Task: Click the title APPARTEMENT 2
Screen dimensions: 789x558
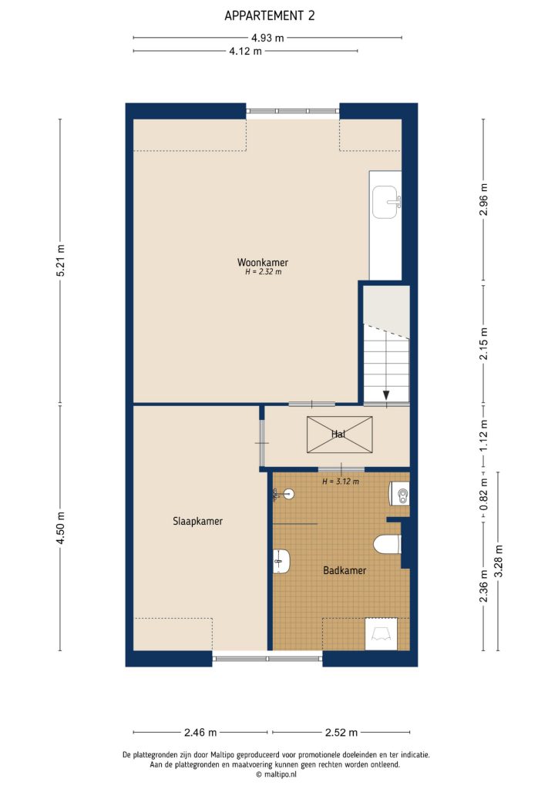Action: coord(269,15)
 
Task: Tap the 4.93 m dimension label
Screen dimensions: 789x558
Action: coord(267,37)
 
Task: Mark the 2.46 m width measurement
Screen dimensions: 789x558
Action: coord(200,732)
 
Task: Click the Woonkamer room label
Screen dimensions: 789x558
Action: coord(263,262)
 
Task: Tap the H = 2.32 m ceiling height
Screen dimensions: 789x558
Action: coord(263,272)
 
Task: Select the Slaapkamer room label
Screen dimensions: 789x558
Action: coord(198,521)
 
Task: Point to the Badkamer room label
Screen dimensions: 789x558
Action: coord(344,571)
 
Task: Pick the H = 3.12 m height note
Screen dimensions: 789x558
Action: coord(341,482)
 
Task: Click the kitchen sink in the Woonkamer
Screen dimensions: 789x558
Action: coord(385,202)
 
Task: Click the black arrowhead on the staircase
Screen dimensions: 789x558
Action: coord(385,396)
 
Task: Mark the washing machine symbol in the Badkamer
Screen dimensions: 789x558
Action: coord(381,634)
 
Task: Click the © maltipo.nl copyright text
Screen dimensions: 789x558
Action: coord(279,774)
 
